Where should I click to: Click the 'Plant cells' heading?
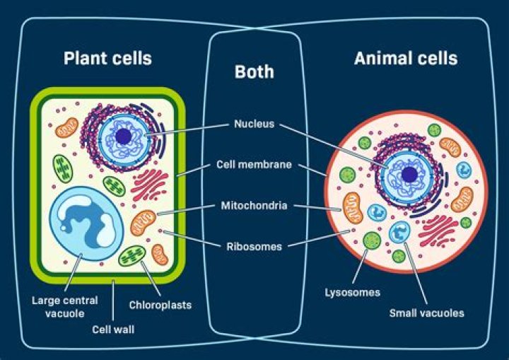tap(107, 57)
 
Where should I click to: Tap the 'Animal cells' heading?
tap(406, 57)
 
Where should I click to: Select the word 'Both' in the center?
tap(254, 72)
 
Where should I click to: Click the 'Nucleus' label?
tap(254, 124)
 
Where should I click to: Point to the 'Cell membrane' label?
tap(254, 166)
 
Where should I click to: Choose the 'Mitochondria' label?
tap(254, 206)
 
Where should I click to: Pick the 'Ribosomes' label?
tap(254, 247)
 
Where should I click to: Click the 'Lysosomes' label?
tap(353, 292)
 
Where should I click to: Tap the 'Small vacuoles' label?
tap(426, 313)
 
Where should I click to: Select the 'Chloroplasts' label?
tap(160, 306)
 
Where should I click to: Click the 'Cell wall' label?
tap(113, 329)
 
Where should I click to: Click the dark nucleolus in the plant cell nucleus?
tap(124, 137)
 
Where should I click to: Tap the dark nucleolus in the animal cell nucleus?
tap(409, 174)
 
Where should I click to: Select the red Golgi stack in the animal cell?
tap(440, 231)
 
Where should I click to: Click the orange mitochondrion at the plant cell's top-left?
tap(68, 128)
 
